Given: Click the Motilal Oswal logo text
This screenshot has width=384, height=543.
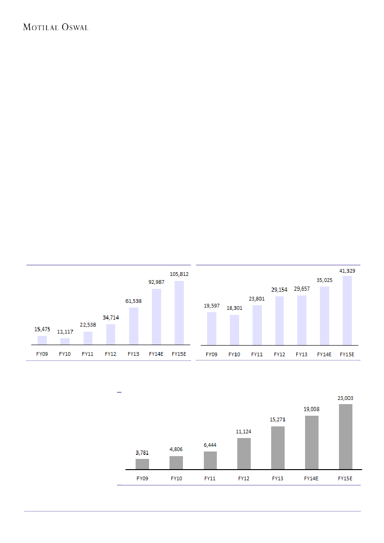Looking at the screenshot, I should (x=56, y=27).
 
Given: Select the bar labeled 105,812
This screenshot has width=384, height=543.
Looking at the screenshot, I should (x=179, y=313).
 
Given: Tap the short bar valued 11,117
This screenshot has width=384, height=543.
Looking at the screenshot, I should (x=65, y=341).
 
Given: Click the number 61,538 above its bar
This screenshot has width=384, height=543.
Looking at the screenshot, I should (x=133, y=301).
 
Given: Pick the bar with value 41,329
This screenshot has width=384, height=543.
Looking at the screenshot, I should (x=347, y=310).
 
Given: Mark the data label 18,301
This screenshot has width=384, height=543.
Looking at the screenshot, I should (x=234, y=308).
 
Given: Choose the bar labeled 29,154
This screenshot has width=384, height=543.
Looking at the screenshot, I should (x=280, y=321).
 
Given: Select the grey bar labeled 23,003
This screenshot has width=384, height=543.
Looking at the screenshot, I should (x=345, y=437).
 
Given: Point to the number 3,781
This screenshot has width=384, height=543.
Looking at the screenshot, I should (x=142, y=452).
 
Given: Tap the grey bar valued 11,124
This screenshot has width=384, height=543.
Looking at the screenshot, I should (x=244, y=453).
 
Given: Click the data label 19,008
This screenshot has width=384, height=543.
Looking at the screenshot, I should (x=312, y=409).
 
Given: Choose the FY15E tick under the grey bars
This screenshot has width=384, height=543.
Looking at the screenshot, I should (x=345, y=478).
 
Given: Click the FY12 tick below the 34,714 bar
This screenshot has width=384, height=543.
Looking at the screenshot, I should (x=111, y=354).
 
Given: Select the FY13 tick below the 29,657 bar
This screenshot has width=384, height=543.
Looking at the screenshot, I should (x=302, y=354).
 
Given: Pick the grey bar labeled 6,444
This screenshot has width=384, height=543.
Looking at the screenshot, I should (x=210, y=460).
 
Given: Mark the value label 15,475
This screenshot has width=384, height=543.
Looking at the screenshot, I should (x=42, y=329).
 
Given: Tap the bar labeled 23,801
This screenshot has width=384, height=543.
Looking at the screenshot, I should (x=257, y=325).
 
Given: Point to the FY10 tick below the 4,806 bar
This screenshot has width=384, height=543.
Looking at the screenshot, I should (x=176, y=478).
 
